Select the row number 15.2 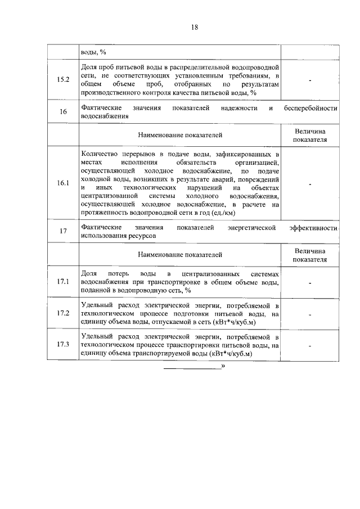tap(63, 80)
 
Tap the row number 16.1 tap(63, 183)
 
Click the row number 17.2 tap(63, 313)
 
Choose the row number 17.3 tap(63, 345)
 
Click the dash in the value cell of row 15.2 tap(310, 80)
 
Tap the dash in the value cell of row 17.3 tap(310, 346)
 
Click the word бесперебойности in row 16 tap(310, 107)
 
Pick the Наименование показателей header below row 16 tap(180, 135)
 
